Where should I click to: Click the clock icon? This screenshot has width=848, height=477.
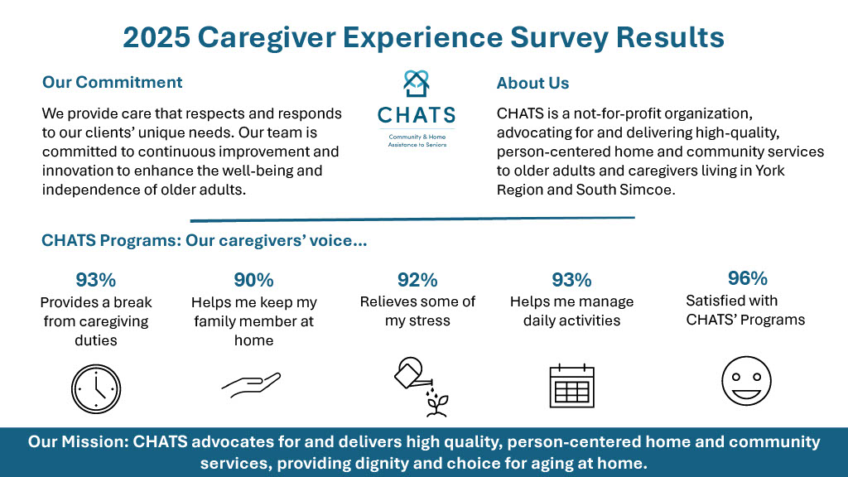pos(96,389)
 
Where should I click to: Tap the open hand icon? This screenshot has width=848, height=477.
pos(251,384)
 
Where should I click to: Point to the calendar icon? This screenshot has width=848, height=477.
pos(571,386)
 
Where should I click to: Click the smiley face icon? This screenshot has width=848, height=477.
pos(746,381)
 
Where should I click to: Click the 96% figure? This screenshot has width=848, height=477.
pos(748,278)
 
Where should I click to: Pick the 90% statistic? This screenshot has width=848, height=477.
pos(253,280)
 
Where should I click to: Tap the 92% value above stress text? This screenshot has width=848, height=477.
pos(417,280)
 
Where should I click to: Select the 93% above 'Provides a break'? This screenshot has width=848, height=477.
pos(96,280)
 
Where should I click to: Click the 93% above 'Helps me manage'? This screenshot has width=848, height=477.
pos(571,280)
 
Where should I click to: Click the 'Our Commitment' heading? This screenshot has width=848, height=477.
pos(113,82)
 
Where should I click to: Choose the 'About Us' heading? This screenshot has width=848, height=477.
pos(532,84)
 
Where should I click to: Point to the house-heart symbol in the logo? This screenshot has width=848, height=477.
pos(417,84)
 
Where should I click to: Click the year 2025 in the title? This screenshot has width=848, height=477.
pos(157,37)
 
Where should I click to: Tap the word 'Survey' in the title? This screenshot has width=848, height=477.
pos(559,37)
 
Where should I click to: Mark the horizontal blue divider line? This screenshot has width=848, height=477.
pos(412,219)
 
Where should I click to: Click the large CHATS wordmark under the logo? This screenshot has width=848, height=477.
pos(417,115)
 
